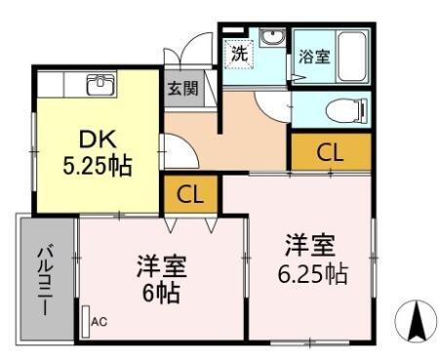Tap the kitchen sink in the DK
click(100, 85)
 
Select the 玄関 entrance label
click(181, 89)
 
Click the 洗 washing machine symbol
click(239, 54)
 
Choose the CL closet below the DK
click(191, 194)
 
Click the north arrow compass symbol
click(415, 320)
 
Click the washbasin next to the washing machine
click(272, 41)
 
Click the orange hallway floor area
click(244, 137)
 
